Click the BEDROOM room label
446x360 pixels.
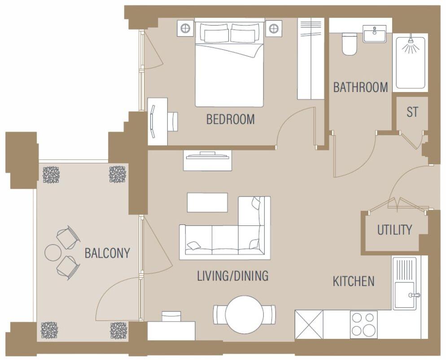pos(230,119)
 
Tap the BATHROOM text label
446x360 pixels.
pos(360,87)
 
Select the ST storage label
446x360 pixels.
pos(412,112)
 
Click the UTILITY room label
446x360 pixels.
pos(394,230)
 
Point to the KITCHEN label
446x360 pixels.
pos(354,281)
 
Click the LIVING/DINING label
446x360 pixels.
pos(232,276)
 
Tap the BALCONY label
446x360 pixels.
pos(107,253)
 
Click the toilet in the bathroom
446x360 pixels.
pos(350,44)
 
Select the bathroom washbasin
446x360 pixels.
pos(375,34)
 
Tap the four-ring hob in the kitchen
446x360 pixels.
pos(363,325)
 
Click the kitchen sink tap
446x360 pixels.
pos(414,295)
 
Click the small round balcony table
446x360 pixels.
pos(52,253)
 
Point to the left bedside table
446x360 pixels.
pos(185,28)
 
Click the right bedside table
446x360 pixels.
pos(273,28)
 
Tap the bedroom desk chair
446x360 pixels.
pos(172,122)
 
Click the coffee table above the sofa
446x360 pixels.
pos(207,202)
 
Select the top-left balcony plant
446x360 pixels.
pos(51,174)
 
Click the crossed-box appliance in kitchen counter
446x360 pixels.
pos(309,325)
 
